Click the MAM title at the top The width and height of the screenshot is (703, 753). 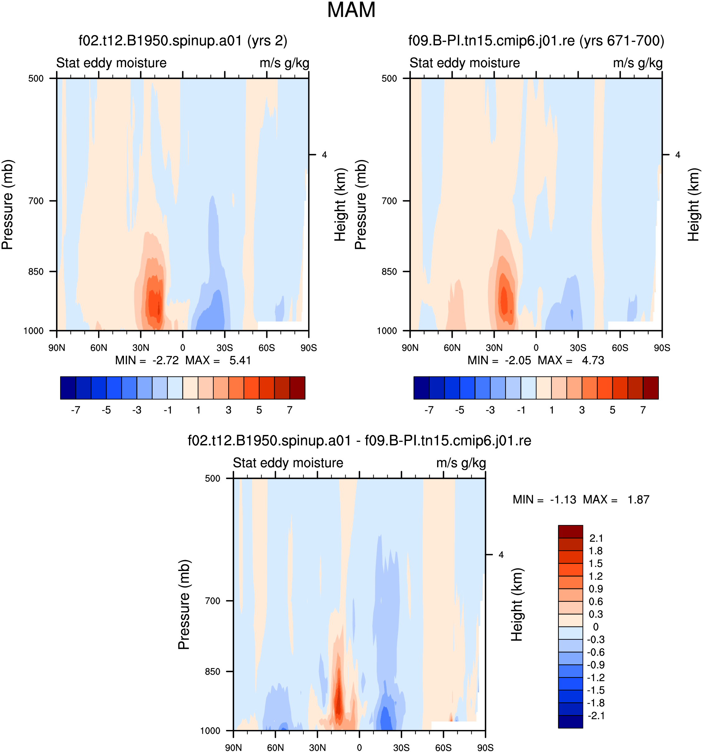pos(351,10)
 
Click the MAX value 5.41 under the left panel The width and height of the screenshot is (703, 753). pos(240,360)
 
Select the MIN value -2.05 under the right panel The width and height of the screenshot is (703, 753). pos(518,360)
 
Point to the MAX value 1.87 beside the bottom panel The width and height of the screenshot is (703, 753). pos(638,500)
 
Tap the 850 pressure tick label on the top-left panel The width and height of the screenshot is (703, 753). pos(36,272)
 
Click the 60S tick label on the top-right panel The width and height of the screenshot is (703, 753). pos(620,348)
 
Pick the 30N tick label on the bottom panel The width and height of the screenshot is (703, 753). pos(317,748)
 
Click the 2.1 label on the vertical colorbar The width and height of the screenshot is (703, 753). pos(596,538)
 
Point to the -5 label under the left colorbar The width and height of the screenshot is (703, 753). pos(106,410)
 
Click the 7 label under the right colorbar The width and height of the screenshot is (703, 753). pos(643,410)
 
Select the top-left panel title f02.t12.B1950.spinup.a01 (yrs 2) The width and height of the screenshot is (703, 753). pos(183,40)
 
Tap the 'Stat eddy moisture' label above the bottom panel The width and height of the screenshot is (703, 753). pos(288,463)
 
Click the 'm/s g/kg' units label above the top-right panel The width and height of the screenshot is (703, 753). pos(638,63)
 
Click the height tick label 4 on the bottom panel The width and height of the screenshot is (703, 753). pos(501,555)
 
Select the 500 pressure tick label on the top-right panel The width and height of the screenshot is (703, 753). pos(389,78)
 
